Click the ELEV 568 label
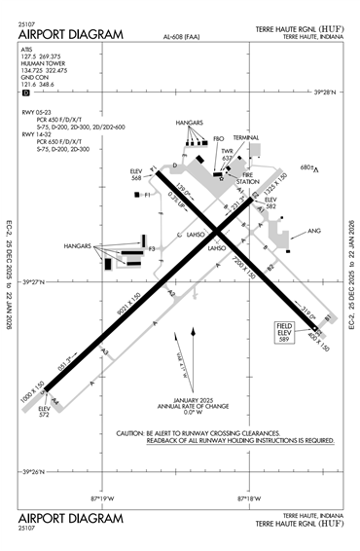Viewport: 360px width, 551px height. pyautogui.click(x=137, y=175)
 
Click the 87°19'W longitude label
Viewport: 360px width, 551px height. pyautogui.click(x=103, y=497)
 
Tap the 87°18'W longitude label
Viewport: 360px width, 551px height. pyautogui.click(x=248, y=497)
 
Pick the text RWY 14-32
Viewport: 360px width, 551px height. pyautogui.click(x=37, y=133)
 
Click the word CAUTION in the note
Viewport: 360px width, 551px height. pyautogui.click(x=130, y=432)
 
